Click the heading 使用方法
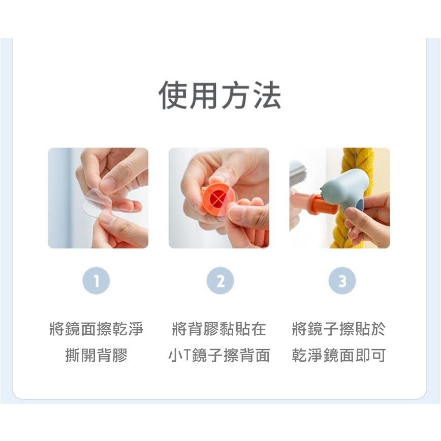click(x=220, y=95)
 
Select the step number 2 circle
click(x=220, y=280)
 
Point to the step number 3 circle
click(x=342, y=280)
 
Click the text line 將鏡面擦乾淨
click(x=97, y=329)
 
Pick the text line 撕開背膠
click(x=97, y=355)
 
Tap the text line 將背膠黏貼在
click(x=219, y=329)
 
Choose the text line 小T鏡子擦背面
click(x=219, y=355)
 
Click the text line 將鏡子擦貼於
click(x=339, y=329)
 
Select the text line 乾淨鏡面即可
click(x=339, y=355)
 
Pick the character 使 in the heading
click(x=174, y=95)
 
